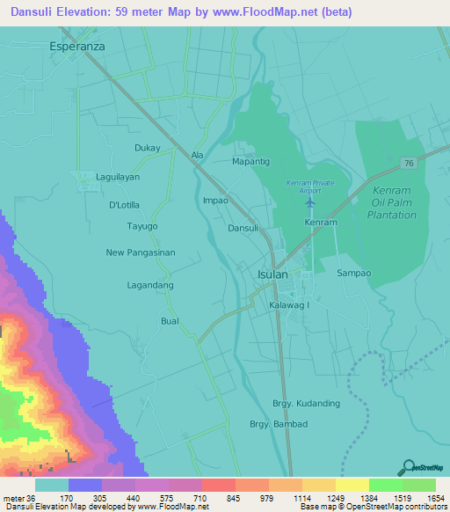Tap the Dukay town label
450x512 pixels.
click(x=148, y=148)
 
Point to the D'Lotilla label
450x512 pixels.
click(x=125, y=205)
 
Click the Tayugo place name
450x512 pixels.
click(x=142, y=226)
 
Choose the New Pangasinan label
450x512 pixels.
click(x=141, y=252)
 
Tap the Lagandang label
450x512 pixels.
click(x=150, y=285)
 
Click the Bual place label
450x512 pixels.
click(x=170, y=321)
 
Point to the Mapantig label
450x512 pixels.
click(x=250, y=162)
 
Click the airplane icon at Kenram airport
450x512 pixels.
click(x=309, y=203)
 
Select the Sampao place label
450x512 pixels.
click(x=355, y=274)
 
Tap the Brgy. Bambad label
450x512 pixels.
click(x=279, y=424)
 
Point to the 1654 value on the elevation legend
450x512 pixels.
click(x=432, y=498)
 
